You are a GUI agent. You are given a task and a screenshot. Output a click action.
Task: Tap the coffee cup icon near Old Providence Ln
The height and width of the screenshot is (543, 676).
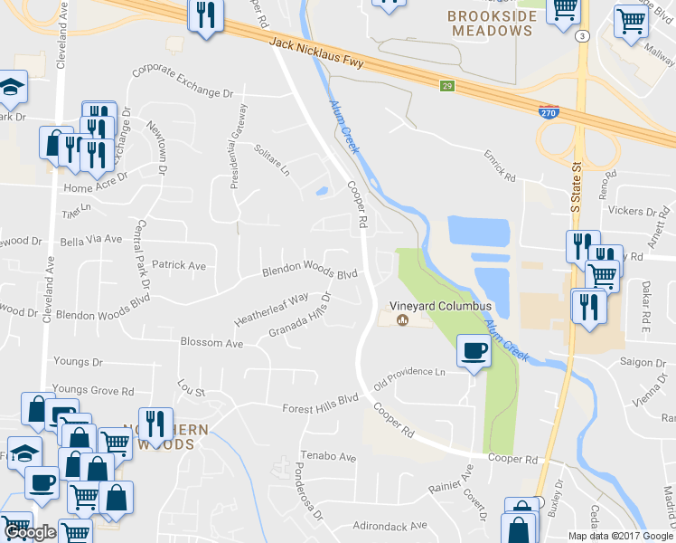coord(474,351)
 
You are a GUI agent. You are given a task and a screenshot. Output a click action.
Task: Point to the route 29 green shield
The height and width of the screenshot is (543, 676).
coord(447,86)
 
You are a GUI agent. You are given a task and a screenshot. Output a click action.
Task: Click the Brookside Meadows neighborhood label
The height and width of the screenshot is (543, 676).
coord(502,24)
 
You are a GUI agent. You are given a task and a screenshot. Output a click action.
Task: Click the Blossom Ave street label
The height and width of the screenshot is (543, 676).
coord(211,344)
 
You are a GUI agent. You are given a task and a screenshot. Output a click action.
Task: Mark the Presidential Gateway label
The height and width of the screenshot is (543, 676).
coord(239,145)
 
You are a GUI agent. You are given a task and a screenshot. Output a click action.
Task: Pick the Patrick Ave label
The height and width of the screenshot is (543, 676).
coord(179,266)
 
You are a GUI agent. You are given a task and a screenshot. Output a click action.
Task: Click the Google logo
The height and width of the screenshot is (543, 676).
coord(30,533)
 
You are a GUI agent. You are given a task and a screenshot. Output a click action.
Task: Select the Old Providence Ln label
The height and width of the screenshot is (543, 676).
coord(417,373)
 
